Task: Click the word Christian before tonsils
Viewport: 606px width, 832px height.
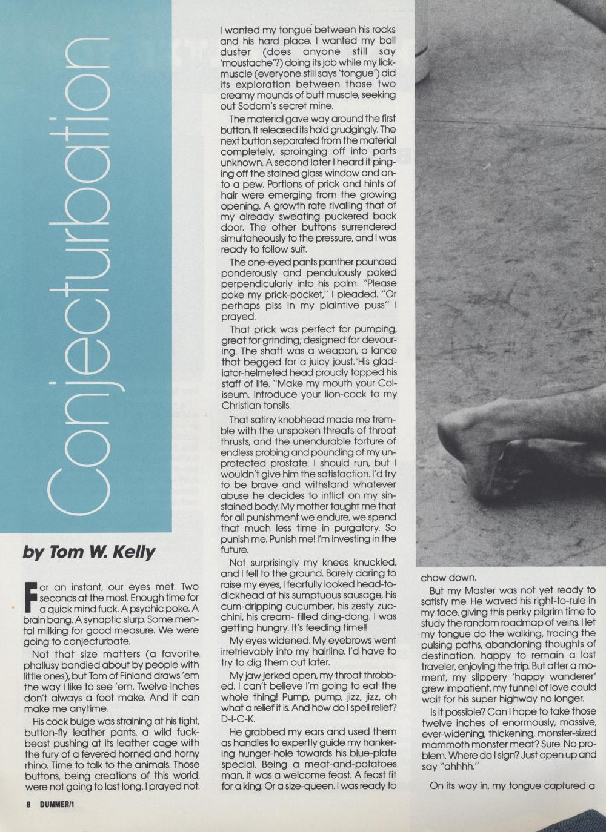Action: pyautogui.click(x=242, y=405)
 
